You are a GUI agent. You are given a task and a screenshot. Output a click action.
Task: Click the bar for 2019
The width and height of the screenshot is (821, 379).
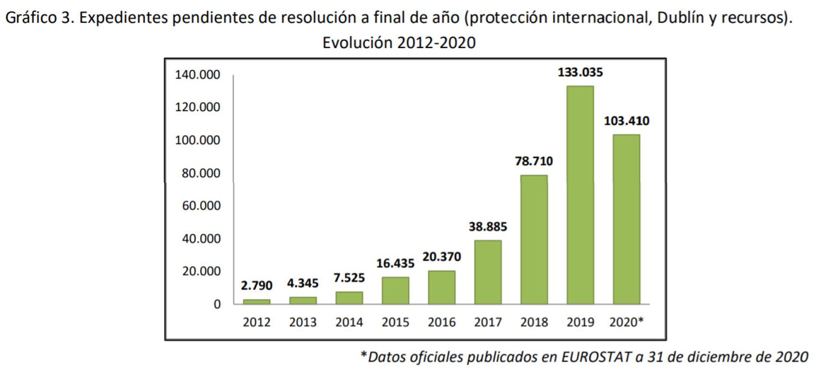(580, 195)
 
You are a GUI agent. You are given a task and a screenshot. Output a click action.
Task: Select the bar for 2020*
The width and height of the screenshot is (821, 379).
(626, 219)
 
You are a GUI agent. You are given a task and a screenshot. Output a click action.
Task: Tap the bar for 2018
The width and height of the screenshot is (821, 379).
(534, 240)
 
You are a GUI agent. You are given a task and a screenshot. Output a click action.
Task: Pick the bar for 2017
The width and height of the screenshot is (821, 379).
(487, 272)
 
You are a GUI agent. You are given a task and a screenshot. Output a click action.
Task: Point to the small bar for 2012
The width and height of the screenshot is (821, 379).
(257, 302)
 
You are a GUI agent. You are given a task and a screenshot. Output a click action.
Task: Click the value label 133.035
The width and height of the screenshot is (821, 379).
(580, 73)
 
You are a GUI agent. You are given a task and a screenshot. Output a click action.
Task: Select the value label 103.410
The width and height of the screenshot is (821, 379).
(626, 121)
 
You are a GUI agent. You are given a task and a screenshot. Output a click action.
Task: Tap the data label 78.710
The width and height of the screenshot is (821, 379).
(534, 161)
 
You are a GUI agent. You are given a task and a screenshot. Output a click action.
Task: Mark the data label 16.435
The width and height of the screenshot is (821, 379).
(395, 263)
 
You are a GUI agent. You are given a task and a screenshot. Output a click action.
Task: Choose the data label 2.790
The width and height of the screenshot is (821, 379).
(257, 286)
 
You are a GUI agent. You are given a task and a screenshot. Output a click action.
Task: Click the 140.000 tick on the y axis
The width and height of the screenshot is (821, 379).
(197, 75)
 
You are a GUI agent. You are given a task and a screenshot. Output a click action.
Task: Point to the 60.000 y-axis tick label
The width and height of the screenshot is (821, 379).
(201, 206)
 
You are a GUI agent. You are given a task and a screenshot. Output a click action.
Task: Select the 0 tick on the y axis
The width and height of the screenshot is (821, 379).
(217, 304)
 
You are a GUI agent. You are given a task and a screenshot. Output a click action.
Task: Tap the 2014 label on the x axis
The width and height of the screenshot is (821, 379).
(349, 322)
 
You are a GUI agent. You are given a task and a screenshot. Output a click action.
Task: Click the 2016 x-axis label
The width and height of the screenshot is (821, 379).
(441, 322)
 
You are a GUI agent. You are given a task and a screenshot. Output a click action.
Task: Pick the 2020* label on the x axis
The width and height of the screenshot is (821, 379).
(626, 322)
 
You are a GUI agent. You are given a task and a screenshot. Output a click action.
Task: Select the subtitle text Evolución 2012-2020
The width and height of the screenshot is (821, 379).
(399, 43)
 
